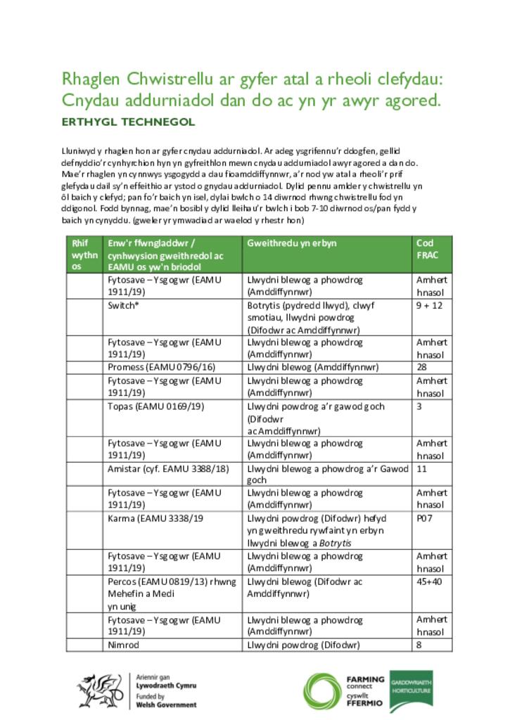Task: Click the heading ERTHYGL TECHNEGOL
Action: coord(128,122)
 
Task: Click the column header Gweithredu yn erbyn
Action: coord(292,243)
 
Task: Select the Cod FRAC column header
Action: coord(426,249)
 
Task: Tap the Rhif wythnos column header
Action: coord(84,254)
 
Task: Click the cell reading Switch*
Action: coord(123,305)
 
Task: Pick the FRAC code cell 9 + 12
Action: coord(428,305)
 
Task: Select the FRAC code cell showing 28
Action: coord(422,366)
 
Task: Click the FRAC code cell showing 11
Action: coord(422,468)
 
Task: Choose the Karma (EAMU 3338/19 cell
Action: coord(155,517)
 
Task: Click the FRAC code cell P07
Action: coord(423,517)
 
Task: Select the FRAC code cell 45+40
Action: coord(429,581)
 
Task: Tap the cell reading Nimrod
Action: coord(124,645)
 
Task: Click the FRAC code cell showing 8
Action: coord(419,645)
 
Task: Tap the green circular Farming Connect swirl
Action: coord(323,692)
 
